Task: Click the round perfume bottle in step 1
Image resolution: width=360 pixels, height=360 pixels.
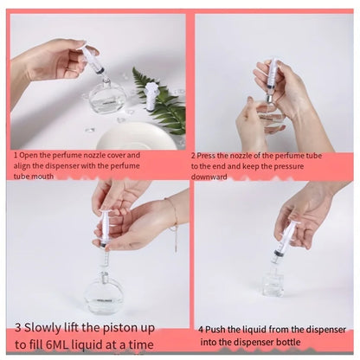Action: (x=106, y=97)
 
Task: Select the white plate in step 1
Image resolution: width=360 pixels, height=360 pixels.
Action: (x=136, y=136)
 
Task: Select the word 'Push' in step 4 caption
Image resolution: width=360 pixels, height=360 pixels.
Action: (x=218, y=330)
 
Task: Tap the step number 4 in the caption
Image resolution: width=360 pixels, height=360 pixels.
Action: (x=201, y=330)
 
